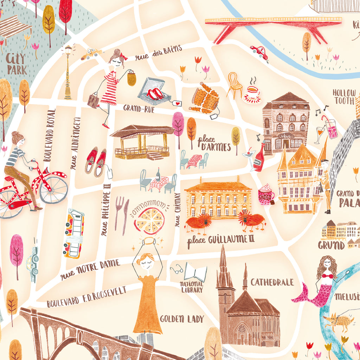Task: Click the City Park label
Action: pyautogui.click(x=17, y=64)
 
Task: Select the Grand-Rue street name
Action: pyautogui.click(x=139, y=108)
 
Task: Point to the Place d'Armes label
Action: pyautogui.click(x=214, y=143)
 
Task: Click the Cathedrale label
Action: pyautogui.click(x=272, y=282)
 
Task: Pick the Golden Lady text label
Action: pyautogui.click(x=182, y=319)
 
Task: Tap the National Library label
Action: pyautogui.click(x=192, y=287)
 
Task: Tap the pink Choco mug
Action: pyautogui.click(x=266, y=196)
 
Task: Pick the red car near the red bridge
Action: pyautogui.click(x=259, y=52)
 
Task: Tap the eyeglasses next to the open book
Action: pyautogui.click(x=177, y=270)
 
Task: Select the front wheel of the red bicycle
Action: pyautogui.click(x=53, y=189)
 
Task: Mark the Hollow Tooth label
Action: pyautogui.click(x=344, y=97)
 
